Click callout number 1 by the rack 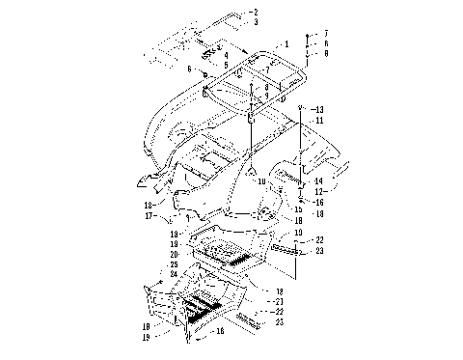click(286, 44)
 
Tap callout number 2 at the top click(256, 11)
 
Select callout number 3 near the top click(256, 20)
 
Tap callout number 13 click(320, 108)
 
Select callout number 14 click(320, 181)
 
